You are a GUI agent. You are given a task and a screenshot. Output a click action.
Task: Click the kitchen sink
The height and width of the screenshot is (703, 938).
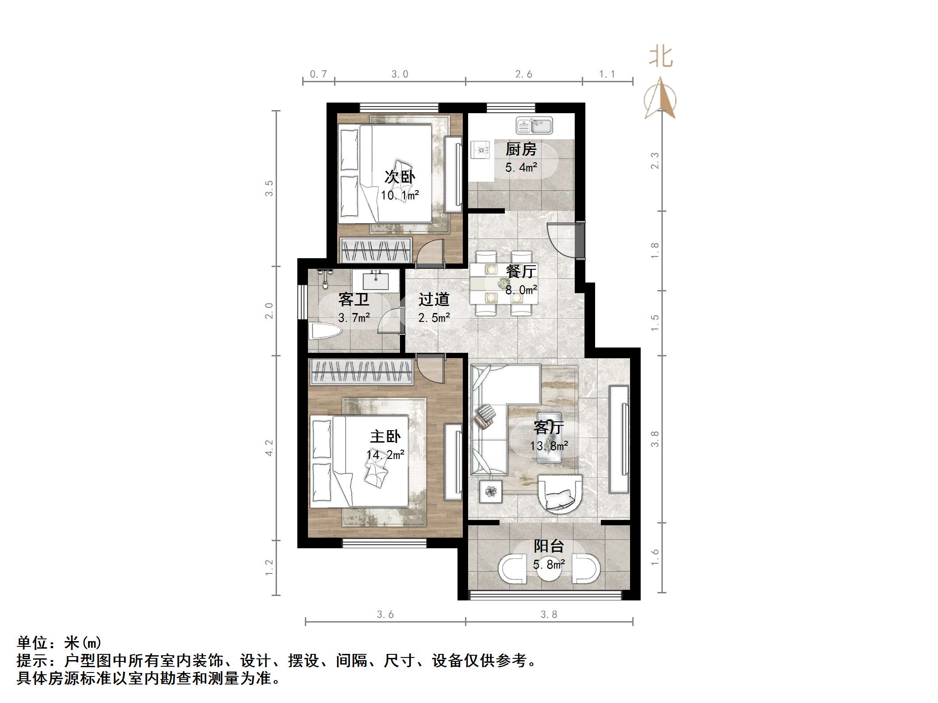pos(534,126)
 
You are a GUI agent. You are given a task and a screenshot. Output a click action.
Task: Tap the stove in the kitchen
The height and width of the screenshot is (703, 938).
pos(481,150)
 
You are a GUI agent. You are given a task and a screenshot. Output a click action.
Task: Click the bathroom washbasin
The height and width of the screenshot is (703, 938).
pos(376,281)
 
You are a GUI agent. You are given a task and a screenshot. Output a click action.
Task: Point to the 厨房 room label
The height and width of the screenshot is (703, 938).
pos(521,149)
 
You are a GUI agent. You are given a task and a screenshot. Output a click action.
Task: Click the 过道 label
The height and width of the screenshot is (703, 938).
pos(434,299)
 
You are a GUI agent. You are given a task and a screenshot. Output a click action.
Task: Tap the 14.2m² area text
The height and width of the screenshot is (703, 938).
pos(385,455)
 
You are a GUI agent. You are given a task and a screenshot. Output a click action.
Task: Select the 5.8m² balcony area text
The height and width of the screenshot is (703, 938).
pos(549,565)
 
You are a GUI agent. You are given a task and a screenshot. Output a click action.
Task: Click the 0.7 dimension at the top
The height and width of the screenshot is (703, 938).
pos(318,74)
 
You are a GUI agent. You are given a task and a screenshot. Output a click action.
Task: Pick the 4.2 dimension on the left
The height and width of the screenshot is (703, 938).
pos(269,448)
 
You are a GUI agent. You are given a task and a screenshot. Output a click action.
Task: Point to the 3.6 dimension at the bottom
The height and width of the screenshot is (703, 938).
pos(385,614)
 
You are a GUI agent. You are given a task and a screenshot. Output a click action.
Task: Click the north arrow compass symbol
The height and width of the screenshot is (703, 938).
pos(660,99)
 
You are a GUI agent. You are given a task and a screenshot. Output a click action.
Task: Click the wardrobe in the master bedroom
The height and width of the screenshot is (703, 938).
pos(361,371)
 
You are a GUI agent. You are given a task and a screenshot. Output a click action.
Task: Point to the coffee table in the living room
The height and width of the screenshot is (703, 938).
pos(549,437)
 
